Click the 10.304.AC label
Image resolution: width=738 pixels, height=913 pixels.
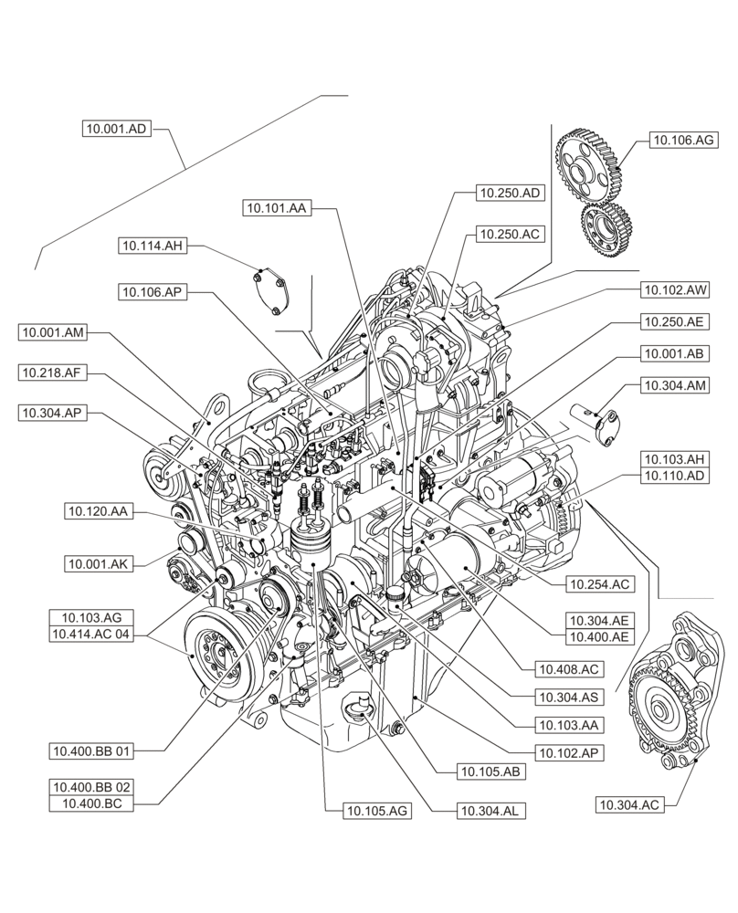629,804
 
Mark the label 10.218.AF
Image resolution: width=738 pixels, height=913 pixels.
51,372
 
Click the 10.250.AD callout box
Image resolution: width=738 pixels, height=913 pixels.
511,193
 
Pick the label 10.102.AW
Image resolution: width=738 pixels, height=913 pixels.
676,289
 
